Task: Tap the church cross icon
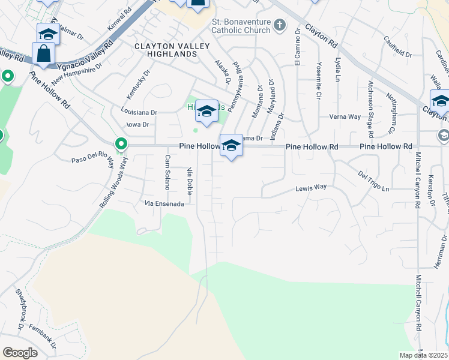coord(279,25)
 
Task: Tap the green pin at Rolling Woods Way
coord(121,144)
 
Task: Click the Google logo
coord(20,353)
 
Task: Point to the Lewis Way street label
coord(311,188)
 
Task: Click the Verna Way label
coord(345,116)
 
